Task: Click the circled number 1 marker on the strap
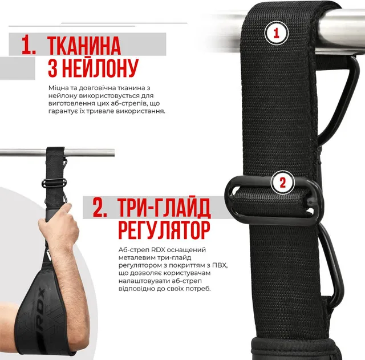[276, 33]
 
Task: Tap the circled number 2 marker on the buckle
[283, 183]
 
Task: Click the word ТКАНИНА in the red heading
[84, 46]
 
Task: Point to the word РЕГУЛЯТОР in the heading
[164, 229]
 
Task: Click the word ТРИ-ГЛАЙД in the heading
[165, 208]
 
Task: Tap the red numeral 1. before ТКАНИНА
[29, 46]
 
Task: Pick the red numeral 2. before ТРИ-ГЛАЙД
[100, 208]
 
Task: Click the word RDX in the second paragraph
[159, 250]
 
